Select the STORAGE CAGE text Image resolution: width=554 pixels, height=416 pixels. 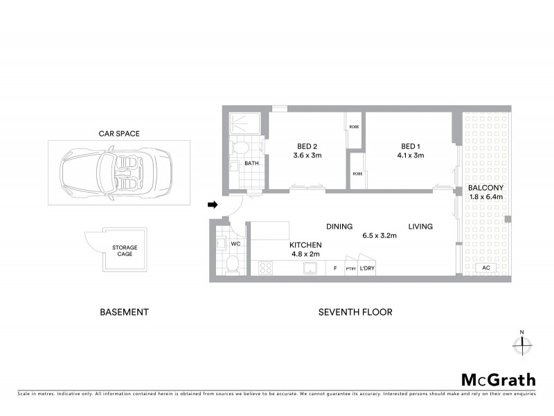[x=125, y=250]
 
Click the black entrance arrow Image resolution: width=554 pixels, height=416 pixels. [x=213, y=205]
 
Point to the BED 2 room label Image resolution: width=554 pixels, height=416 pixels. [x=307, y=146]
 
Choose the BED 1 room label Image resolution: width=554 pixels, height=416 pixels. [x=411, y=146]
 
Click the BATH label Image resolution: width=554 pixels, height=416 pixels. [x=251, y=164]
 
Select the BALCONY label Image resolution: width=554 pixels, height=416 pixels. [x=485, y=188]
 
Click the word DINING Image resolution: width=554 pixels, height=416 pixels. [x=339, y=226]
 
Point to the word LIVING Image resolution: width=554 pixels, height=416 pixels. [x=420, y=226]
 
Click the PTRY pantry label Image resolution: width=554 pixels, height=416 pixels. [x=351, y=268]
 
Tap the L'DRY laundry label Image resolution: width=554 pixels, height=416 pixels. [x=367, y=268]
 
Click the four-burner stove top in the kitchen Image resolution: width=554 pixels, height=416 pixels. [x=266, y=268]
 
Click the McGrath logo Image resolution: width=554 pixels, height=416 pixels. [x=499, y=379]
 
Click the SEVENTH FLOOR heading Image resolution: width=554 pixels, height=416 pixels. [x=355, y=312]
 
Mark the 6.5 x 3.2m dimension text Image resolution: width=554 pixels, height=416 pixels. [x=379, y=236]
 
